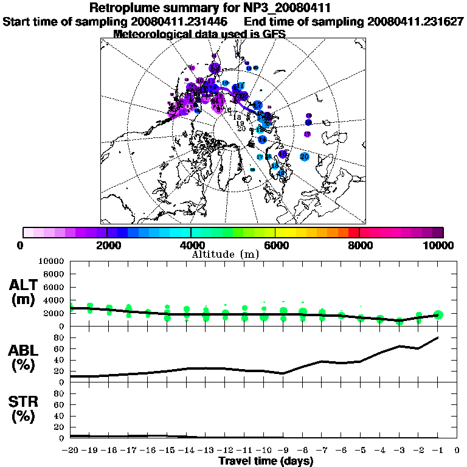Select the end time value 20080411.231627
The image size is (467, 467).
415,21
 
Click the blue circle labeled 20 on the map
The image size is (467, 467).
305,157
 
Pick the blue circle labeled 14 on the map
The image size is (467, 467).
262,140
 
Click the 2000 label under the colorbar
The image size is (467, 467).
107,245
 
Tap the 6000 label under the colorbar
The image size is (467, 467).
275,245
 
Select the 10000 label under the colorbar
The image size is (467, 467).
439,245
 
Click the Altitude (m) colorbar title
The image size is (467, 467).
226,254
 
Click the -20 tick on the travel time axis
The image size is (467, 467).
71,451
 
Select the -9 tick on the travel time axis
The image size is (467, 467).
283,451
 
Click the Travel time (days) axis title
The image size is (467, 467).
266,461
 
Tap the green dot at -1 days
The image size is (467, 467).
438,314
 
